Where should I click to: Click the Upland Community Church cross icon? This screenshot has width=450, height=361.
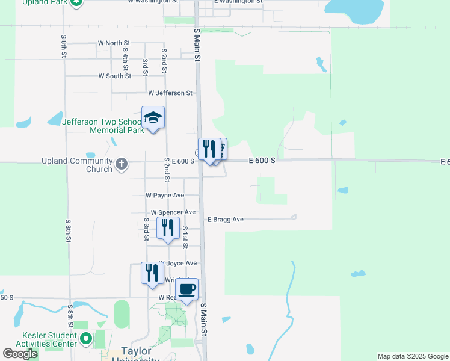pos(122,164)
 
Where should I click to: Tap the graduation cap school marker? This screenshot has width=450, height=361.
pos(153,117)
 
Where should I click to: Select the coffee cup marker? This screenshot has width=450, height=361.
pos(187,289)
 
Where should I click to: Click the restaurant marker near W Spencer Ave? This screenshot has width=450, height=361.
pos(168,228)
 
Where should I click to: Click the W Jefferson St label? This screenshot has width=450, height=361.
pos(170,93)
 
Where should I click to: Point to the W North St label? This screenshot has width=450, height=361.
pos(114,43)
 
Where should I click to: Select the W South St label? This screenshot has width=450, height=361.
pos(115,76)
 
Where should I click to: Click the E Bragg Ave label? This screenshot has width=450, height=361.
pos(226,220)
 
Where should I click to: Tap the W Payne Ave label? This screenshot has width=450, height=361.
pos(165,196)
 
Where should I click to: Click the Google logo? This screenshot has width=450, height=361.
pos(20,354)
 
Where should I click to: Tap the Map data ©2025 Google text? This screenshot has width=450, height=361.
pos(412,356)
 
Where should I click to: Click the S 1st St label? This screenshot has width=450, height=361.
pos(185,237)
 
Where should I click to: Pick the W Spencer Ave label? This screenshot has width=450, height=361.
pos(173,212)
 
